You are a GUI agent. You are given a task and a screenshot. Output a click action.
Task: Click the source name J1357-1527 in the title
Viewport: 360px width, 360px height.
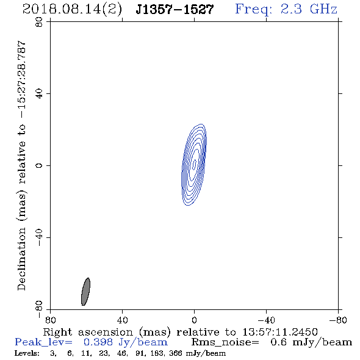click(x=175, y=10)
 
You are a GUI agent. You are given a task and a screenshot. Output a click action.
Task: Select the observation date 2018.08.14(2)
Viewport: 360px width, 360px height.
click(x=73, y=10)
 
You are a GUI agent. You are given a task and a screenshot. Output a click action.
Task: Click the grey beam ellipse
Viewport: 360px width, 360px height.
click(x=85, y=292)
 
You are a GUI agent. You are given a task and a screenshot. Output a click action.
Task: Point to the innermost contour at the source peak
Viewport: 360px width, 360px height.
click(x=194, y=165)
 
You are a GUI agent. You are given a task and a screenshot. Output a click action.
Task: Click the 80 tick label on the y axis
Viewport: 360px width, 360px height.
click(x=39, y=22)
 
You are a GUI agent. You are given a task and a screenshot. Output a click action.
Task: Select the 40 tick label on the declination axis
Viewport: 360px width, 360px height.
click(x=39, y=94)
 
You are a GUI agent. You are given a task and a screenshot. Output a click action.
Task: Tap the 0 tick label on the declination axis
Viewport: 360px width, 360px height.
click(x=39, y=165)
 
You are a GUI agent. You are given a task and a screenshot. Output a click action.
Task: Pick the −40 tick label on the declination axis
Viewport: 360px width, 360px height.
click(x=39, y=237)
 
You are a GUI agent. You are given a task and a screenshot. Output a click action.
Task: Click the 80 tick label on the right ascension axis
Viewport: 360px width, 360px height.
click(x=50, y=320)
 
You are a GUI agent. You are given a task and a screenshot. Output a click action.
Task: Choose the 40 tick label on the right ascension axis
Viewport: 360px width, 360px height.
click(x=123, y=320)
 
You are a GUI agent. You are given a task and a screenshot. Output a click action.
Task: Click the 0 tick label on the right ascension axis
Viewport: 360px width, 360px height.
click(x=194, y=320)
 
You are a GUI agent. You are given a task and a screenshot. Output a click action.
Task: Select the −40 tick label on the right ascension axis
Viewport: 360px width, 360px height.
click(x=266, y=320)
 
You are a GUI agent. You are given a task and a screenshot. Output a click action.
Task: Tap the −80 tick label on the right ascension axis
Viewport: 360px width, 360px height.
click(x=338, y=320)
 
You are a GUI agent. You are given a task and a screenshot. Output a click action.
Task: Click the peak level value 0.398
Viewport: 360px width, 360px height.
click(x=98, y=342)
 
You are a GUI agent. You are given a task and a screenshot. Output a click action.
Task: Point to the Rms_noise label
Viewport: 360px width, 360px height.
click(x=225, y=342)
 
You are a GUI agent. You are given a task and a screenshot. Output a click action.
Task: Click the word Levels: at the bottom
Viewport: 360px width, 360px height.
click(x=27, y=353)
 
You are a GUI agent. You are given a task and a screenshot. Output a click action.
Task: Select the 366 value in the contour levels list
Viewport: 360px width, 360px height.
click(x=176, y=353)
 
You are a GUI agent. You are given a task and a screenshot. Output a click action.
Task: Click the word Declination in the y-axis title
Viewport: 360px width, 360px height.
click(x=21, y=259)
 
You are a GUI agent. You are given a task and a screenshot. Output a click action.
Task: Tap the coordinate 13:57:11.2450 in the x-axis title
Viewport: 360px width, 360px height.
click(x=280, y=332)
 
